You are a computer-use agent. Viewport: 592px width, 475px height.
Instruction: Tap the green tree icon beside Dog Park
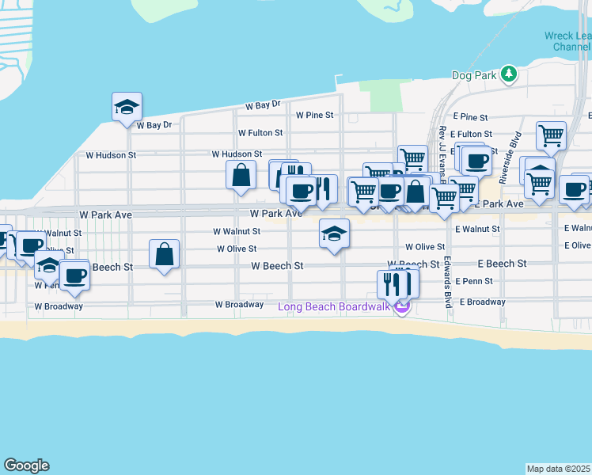coord(509,74)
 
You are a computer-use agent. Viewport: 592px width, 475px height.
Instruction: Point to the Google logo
coord(26,465)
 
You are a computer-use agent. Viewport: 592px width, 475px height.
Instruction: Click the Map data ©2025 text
coord(559,469)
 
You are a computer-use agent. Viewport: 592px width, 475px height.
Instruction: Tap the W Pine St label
coord(315,115)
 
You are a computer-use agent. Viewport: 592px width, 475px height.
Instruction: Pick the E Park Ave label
coord(502,204)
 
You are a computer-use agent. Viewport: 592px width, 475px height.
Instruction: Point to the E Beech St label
coord(502,263)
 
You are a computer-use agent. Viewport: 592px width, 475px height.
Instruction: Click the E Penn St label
coord(474,281)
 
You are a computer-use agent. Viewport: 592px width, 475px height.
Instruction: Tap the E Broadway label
coord(481,302)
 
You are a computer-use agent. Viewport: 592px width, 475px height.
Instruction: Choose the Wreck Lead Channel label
coord(567,41)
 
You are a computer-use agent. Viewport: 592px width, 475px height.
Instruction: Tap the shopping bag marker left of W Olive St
coord(165,255)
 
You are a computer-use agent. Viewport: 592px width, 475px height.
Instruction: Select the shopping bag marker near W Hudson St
coord(241,174)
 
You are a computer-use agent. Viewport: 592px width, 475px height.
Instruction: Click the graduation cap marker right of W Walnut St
coord(334,234)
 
